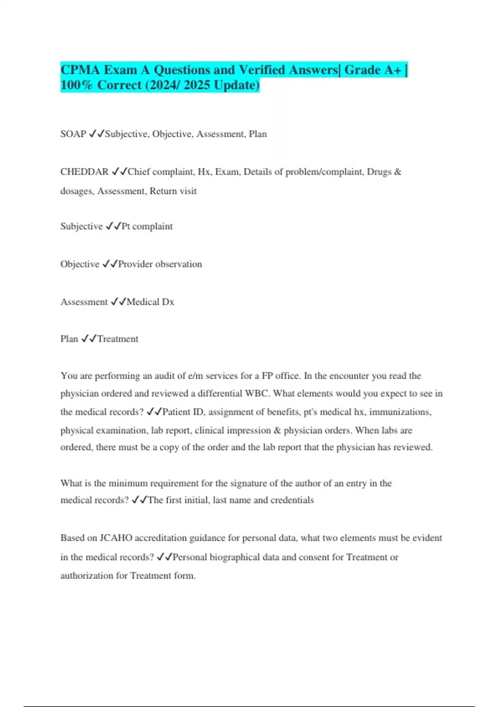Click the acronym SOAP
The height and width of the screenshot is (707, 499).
coord(73,134)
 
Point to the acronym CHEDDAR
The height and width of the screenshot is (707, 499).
coord(84,172)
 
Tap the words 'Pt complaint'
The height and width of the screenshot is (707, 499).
coord(147,226)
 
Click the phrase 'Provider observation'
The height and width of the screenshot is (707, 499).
coord(160,264)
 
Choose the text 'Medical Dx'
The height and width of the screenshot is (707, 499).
coord(150,302)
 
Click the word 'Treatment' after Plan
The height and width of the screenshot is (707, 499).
coord(118,339)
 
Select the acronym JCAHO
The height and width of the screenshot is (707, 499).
coord(116,538)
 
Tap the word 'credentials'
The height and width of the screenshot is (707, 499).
coord(292,500)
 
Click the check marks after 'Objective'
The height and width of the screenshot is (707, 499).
coord(109,264)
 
